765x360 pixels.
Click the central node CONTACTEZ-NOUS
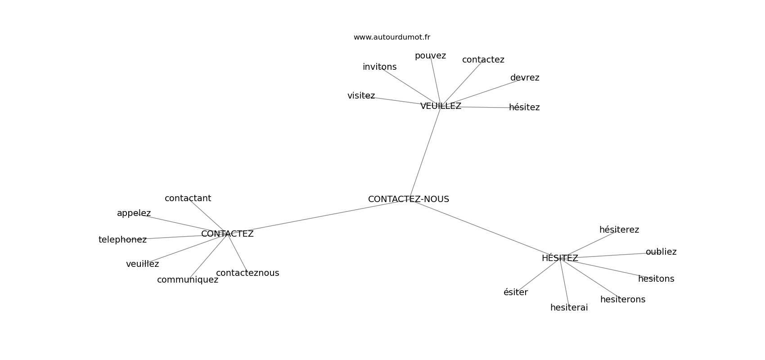point(408,199)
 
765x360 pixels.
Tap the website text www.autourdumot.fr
point(391,37)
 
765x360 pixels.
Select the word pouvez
point(430,56)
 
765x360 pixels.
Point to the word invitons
point(379,67)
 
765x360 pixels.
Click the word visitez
point(361,96)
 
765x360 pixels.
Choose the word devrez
point(524,78)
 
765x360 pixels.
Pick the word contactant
point(188,198)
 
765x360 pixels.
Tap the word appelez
point(134,213)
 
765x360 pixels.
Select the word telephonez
point(122,240)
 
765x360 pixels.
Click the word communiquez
point(187,280)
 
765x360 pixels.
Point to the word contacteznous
point(247,273)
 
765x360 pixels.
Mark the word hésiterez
point(619,230)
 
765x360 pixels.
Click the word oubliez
point(661,252)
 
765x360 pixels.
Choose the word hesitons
point(656,279)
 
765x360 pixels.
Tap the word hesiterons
point(622,300)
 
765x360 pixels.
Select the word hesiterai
point(569,308)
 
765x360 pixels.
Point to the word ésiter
point(515,292)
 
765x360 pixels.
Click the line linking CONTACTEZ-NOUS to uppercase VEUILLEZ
point(425,153)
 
